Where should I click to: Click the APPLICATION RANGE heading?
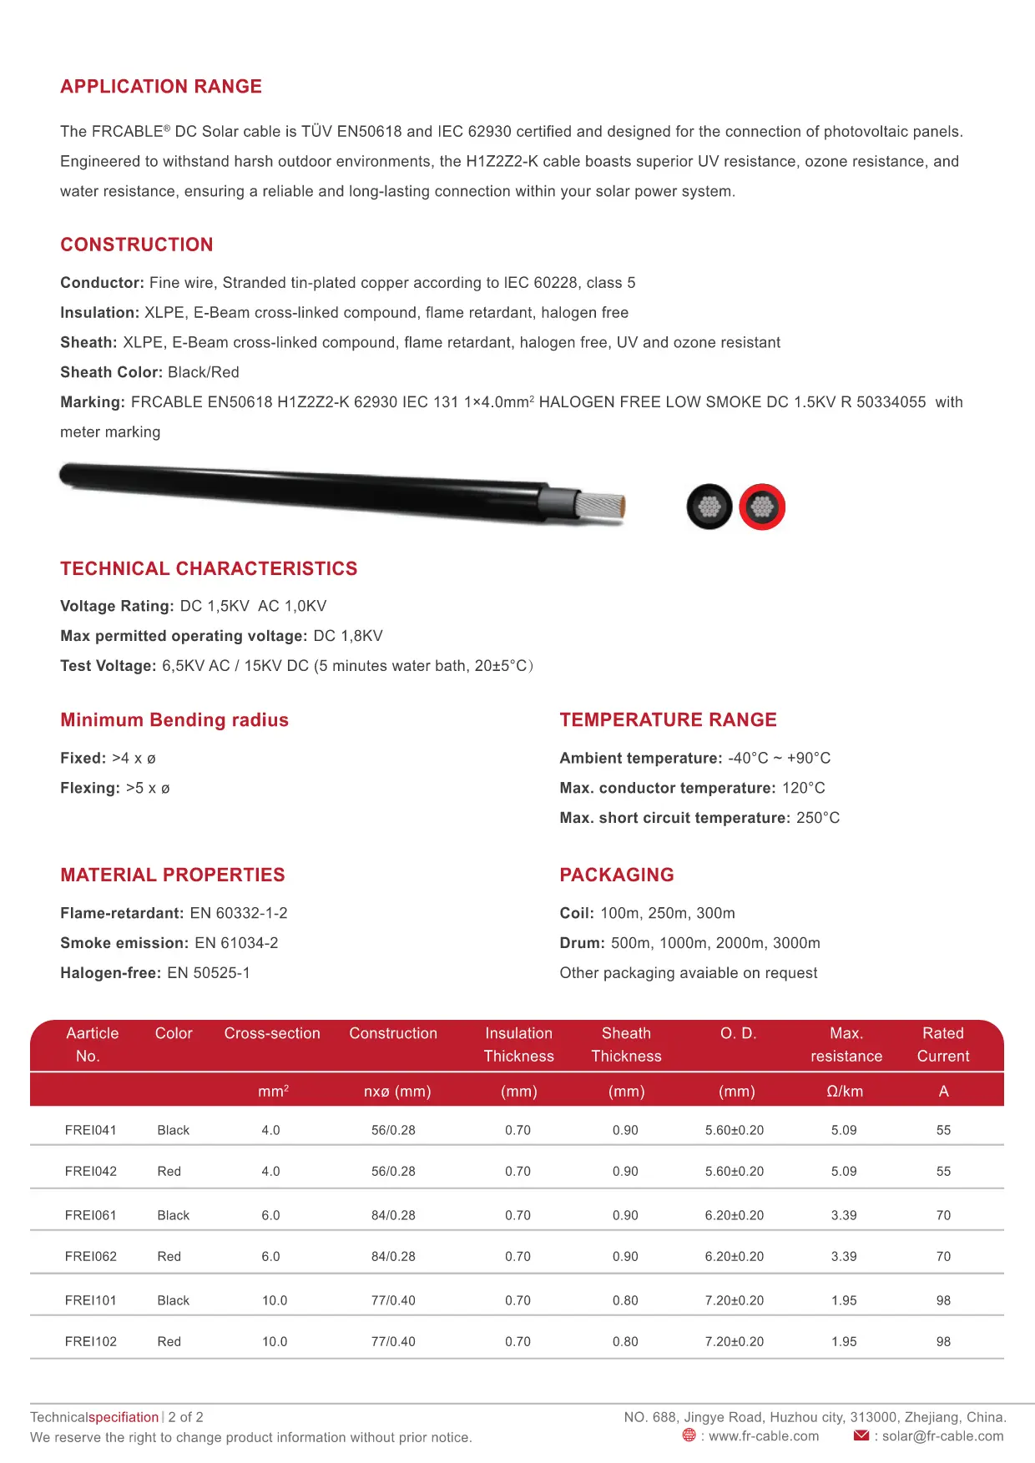click(161, 87)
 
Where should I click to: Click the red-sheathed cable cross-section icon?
click(762, 507)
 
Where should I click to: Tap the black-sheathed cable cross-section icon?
click(709, 507)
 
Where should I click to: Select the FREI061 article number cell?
click(90, 1215)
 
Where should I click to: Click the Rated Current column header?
click(943, 1044)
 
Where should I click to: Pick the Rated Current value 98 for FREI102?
click(943, 1341)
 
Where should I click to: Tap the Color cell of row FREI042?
click(169, 1171)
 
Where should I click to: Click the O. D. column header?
click(738, 1033)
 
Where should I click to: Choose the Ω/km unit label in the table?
click(845, 1091)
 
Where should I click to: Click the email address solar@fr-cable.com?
click(942, 1435)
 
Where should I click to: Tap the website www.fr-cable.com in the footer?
click(764, 1435)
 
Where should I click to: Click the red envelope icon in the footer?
click(861, 1435)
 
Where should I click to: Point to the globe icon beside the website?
click(689, 1435)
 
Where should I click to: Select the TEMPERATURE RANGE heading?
click(668, 719)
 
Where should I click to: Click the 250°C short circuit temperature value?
click(818, 818)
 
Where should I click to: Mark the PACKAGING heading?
click(617, 875)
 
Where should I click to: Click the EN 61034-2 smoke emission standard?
click(236, 943)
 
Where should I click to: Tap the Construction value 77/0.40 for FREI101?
click(393, 1300)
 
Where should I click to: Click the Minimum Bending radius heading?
click(174, 720)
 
